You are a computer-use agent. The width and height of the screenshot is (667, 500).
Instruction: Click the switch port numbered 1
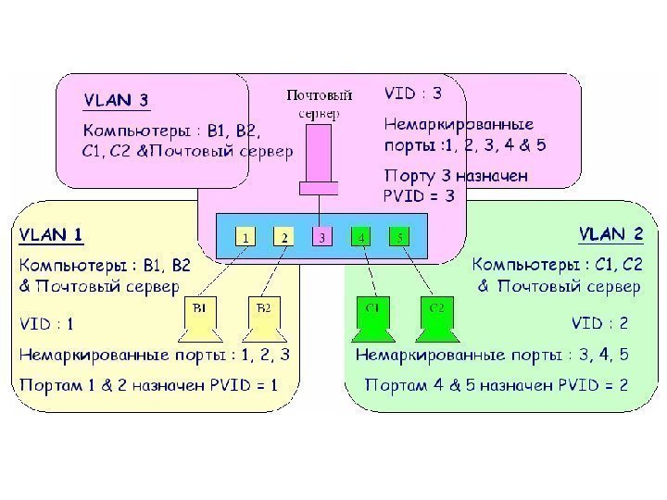click(245, 237)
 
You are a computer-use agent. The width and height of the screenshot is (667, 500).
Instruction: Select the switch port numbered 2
click(284, 237)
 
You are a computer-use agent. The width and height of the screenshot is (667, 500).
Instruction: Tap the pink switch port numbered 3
click(321, 237)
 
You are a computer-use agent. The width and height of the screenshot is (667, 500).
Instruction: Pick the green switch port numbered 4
click(361, 237)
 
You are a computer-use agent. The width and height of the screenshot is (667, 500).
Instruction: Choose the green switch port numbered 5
click(399, 237)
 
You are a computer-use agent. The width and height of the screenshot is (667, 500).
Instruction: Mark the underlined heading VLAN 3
click(117, 100)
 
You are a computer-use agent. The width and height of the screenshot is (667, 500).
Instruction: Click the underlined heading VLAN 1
click(52, 235)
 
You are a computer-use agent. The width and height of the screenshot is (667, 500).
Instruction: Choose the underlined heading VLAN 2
click(610, 233)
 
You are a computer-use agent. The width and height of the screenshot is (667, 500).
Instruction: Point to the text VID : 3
click(413, 94)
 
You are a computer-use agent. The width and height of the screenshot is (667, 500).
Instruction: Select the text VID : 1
click(47, 324)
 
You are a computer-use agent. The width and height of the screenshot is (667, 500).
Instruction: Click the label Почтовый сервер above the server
click(319, 104)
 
